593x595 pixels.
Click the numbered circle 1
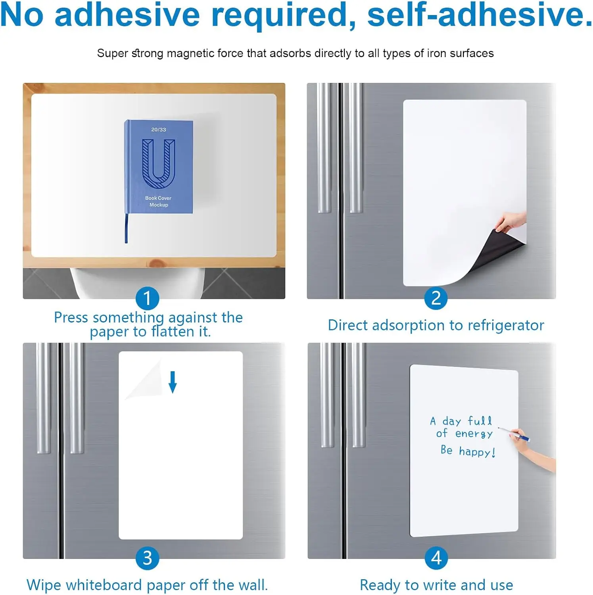tap(147, 298)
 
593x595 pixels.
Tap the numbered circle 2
tap(436, 298)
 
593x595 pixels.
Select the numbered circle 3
tap(147, 558)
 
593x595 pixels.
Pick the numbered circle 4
tap(436, 558)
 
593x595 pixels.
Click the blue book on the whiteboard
tap(159, 167)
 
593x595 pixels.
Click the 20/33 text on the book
tap(159, 130)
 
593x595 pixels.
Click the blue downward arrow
tap(173, 382)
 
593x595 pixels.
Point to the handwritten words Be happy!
tap(468, 451)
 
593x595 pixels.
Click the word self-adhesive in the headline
tap(480, 15)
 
